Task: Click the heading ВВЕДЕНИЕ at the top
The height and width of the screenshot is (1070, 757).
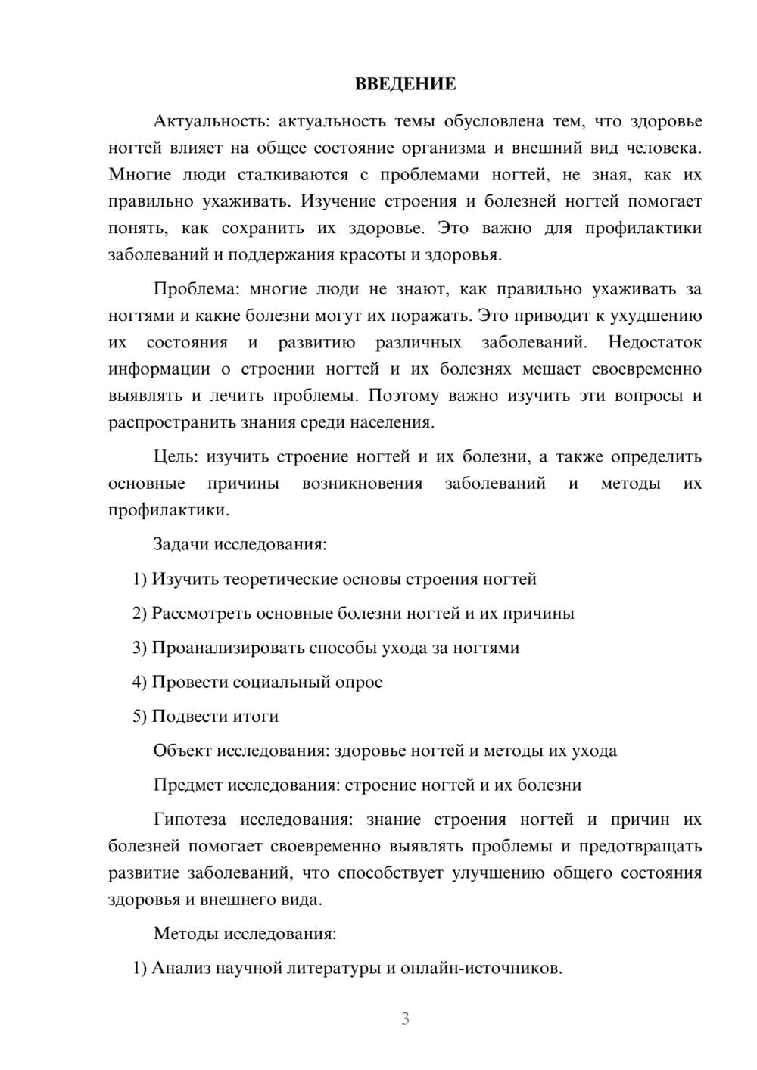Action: point(405,84)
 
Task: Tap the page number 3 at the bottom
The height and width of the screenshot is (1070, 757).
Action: point(405,1019)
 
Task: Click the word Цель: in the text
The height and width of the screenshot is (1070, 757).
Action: point(176,456)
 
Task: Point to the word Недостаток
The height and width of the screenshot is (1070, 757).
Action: point(655,342)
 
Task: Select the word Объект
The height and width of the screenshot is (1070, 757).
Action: point(182,751)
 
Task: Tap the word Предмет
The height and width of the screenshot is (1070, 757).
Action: point(187,785)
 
